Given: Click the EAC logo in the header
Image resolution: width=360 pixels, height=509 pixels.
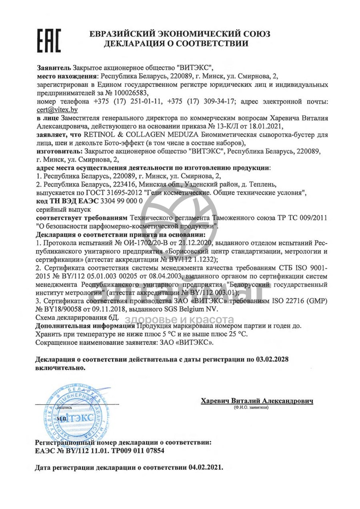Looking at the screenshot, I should pyautogui.click(x=48, y=40).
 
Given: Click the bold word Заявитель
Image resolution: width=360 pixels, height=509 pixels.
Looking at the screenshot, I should pyautogui.click(x=54, y=67).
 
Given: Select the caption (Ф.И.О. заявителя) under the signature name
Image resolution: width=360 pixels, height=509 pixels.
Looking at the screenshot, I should pyautogui.click(x=251, y=407).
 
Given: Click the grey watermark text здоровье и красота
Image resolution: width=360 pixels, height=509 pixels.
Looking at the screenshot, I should pyautogui.click(x=180, y=319).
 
